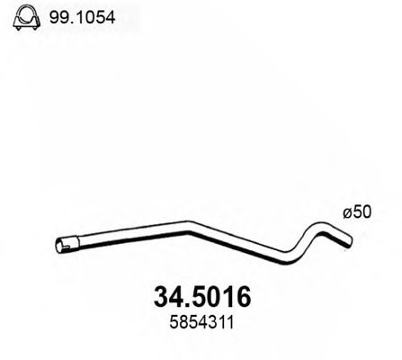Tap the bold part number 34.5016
click(197, 297)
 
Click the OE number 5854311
click(197, 321)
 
